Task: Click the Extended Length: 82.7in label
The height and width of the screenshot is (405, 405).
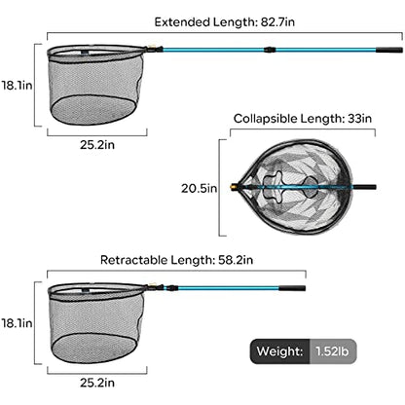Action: (225, 22)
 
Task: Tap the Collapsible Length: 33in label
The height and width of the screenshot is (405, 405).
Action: (303, 119)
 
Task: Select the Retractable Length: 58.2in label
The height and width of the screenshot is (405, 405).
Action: (176, 260)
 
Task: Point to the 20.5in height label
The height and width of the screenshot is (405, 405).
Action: (199, 188)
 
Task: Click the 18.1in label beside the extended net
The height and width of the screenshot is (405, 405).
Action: (17, 86)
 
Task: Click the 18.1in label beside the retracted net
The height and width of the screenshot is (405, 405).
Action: (17, 323)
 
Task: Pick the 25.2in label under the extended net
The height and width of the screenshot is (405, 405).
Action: (97, 145)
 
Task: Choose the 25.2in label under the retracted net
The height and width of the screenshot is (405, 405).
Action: (97, 383)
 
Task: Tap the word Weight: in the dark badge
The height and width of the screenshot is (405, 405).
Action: (279, 351)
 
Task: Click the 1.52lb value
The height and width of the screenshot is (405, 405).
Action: (332, 351)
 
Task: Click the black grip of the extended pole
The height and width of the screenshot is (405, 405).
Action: (389, 50)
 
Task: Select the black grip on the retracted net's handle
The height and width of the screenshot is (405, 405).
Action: (292, 288)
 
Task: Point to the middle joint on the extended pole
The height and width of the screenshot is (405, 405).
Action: (270, 50)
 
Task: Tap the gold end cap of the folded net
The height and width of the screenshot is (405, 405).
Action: (234, 187)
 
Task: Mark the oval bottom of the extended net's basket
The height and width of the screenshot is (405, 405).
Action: (93, 110)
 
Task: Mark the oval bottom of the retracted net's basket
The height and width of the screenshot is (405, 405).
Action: (93, 348)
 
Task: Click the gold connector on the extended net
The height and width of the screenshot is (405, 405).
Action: (152, 49)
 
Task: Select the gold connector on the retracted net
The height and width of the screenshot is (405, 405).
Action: (152, 286)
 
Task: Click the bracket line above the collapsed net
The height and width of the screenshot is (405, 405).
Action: (303, 129)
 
